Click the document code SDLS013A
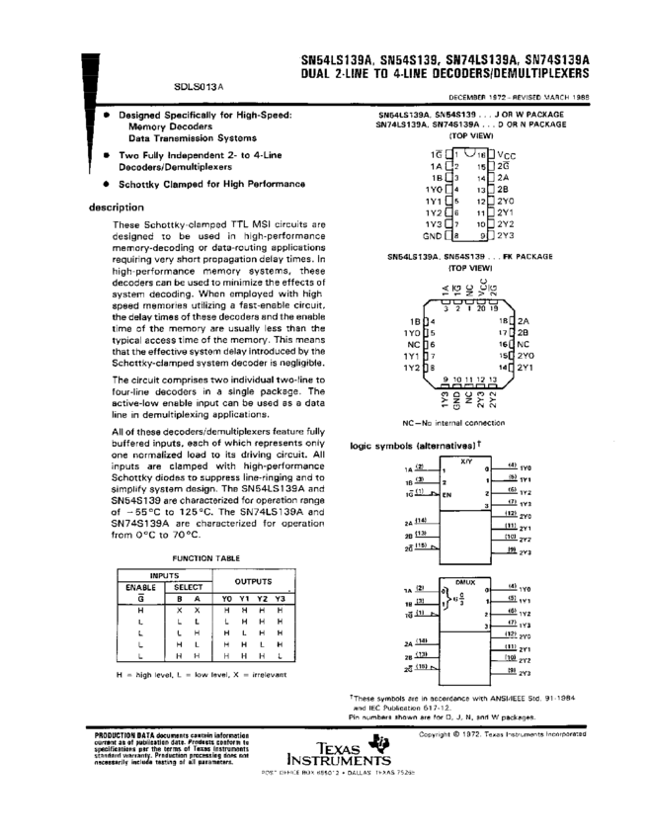click(199, 87)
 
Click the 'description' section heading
click(116, 208)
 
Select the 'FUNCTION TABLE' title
click(205, 557)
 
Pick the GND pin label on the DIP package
click(433, 236)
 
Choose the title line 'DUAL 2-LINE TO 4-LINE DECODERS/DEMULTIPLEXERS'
click(445, 73)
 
